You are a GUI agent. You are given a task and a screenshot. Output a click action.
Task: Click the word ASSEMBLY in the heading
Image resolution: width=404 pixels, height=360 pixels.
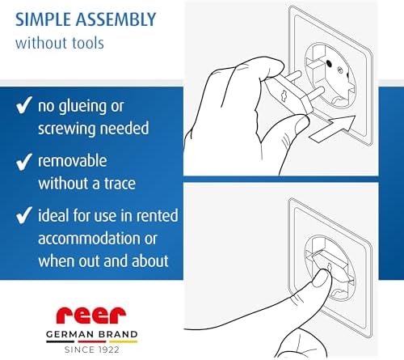point(116,19)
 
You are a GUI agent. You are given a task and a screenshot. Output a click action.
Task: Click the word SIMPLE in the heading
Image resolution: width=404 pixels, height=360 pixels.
point(44,19)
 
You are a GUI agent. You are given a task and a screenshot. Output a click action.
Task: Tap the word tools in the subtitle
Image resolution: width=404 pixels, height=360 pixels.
point(87,43)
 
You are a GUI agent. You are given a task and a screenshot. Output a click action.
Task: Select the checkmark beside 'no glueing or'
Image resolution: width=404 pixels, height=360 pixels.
point(24,105)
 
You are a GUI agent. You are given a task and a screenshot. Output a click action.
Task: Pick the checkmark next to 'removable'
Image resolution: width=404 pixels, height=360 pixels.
point(24,162)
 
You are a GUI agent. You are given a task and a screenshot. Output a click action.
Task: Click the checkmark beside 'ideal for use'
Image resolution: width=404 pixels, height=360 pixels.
point(24,215)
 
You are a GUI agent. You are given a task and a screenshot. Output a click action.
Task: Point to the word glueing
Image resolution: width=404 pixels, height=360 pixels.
point(82,107)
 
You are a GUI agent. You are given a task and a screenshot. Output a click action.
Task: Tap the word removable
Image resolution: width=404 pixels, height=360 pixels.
point(73,161)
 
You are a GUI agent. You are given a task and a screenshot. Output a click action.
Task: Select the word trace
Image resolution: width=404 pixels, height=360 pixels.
point(120,184)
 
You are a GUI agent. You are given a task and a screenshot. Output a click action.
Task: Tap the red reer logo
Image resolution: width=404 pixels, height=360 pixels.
point(91,315)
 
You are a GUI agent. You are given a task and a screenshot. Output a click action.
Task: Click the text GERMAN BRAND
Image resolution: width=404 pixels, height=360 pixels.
point(92,334)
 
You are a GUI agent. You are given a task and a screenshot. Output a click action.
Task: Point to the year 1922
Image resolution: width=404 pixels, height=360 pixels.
point(107,349)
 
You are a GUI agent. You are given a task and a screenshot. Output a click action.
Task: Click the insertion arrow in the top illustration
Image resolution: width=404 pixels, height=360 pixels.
point(332,129)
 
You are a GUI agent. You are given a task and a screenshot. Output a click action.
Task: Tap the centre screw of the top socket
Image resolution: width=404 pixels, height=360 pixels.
point(340,71)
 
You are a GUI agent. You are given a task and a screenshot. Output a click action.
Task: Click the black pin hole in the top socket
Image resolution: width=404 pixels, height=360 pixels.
point(329,64)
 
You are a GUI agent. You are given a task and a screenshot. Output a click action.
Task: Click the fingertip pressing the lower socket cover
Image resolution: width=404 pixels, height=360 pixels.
point(322,277)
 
